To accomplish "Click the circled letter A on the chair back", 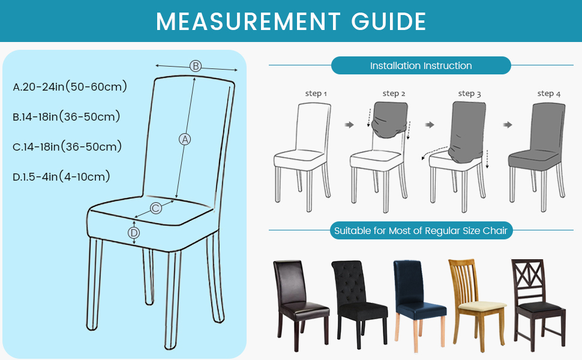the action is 185,139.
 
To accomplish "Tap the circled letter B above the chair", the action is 196,66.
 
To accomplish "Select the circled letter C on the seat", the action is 156,208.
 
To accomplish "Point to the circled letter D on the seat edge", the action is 134,233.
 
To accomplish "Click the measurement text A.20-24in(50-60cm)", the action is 70,86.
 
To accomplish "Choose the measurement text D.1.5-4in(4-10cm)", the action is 62,176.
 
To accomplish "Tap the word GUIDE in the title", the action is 389,22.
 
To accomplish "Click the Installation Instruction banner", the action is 421,65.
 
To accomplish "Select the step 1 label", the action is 316,94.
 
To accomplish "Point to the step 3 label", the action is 470,94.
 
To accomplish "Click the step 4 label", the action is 549,94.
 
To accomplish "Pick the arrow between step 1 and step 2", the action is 349,125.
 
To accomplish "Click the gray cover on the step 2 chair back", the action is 390,119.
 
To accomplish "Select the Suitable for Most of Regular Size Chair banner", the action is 421,231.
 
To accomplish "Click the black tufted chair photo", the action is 359,304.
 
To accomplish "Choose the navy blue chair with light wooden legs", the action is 419,305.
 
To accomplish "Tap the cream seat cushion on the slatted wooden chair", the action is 482,306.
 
